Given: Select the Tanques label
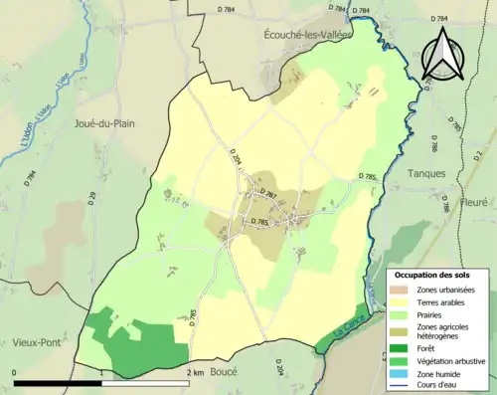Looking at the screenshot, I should [427, 172].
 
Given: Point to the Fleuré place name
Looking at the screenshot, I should [474, 202].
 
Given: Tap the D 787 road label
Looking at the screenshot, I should [265, 192].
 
